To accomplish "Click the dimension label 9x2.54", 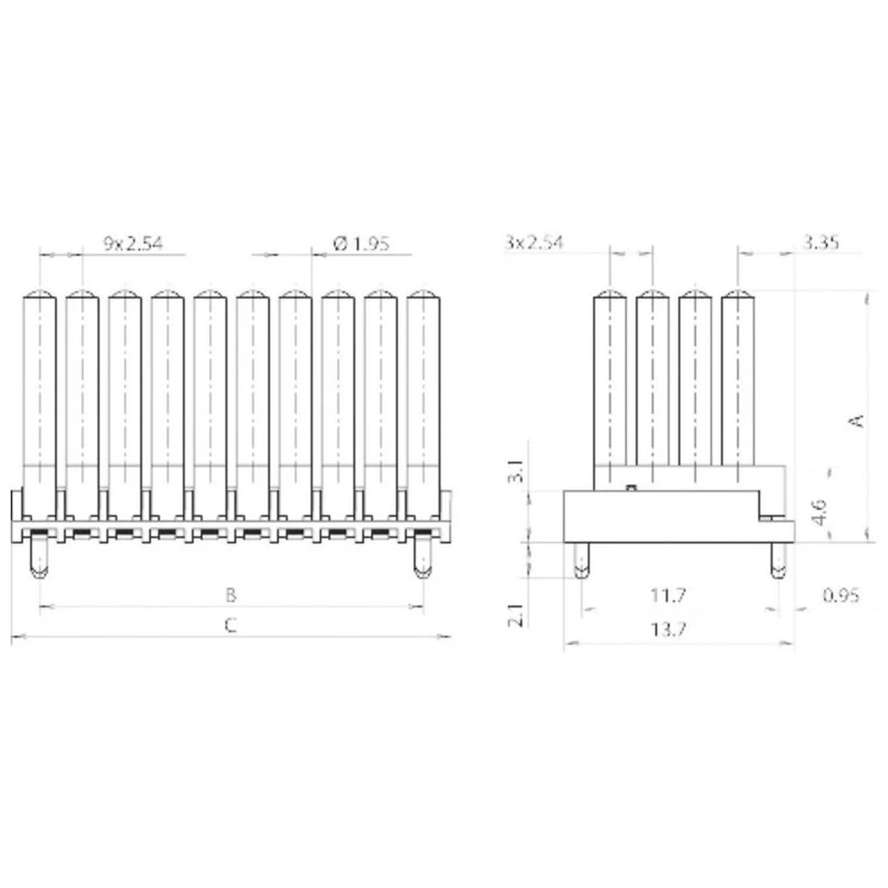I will (x=133, y=243).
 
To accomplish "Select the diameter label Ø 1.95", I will (x=361, y=243).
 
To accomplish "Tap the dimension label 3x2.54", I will (x=535, y=242).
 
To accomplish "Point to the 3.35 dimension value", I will (x=821, y=242).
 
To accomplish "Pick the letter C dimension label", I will (x=230, y=625).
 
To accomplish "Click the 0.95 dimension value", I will (x=840, y=595).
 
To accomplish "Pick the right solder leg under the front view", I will (x=424, y=558).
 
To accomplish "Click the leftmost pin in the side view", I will (x=609, y=382).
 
